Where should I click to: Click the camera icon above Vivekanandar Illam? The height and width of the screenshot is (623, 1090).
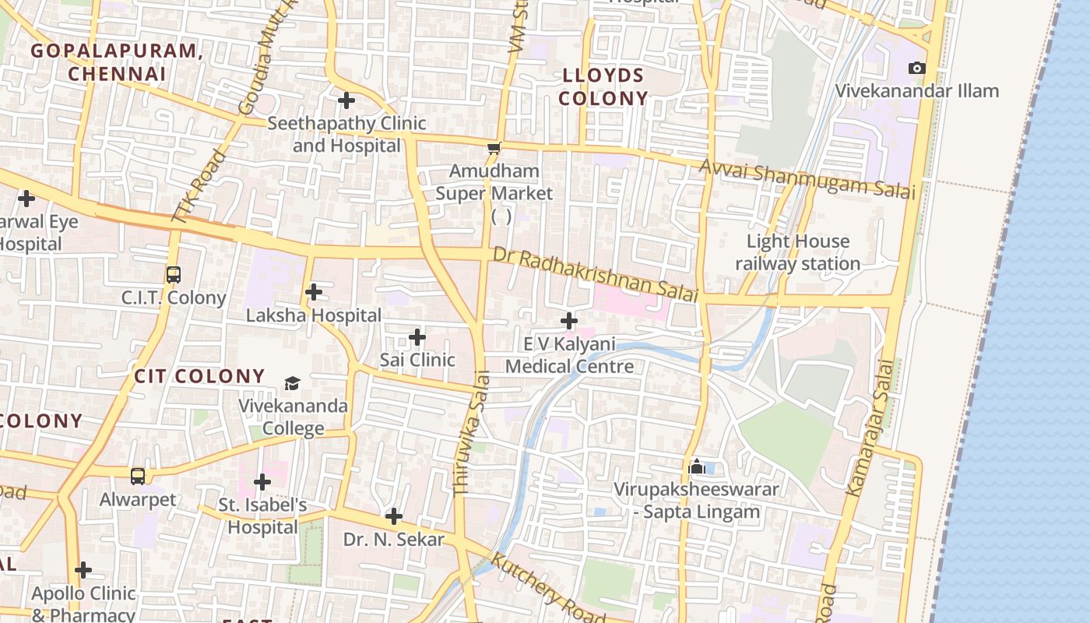917,69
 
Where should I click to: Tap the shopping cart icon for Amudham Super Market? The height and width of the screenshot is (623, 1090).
493,148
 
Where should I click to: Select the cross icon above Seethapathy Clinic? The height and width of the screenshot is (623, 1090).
346,100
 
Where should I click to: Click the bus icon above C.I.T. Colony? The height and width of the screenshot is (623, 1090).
173,275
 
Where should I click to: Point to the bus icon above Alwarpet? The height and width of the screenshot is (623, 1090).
138,476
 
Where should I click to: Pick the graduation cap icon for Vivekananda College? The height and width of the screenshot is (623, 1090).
292,383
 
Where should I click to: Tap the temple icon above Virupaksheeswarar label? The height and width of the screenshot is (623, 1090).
697,466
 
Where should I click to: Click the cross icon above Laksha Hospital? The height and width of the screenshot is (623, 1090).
314,292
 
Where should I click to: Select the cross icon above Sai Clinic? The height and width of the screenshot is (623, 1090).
417,337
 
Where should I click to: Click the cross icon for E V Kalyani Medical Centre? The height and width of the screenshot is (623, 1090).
569,321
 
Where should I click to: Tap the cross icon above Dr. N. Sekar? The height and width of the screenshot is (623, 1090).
394,516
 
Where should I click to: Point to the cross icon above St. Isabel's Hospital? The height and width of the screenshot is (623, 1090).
262,482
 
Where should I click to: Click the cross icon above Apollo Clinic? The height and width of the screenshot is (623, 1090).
83,570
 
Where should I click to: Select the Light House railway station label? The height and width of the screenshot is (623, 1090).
798,252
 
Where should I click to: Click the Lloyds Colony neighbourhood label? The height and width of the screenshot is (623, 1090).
603,87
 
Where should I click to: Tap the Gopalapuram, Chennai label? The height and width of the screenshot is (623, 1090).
117,62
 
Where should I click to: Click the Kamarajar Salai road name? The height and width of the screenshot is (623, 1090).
867,428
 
